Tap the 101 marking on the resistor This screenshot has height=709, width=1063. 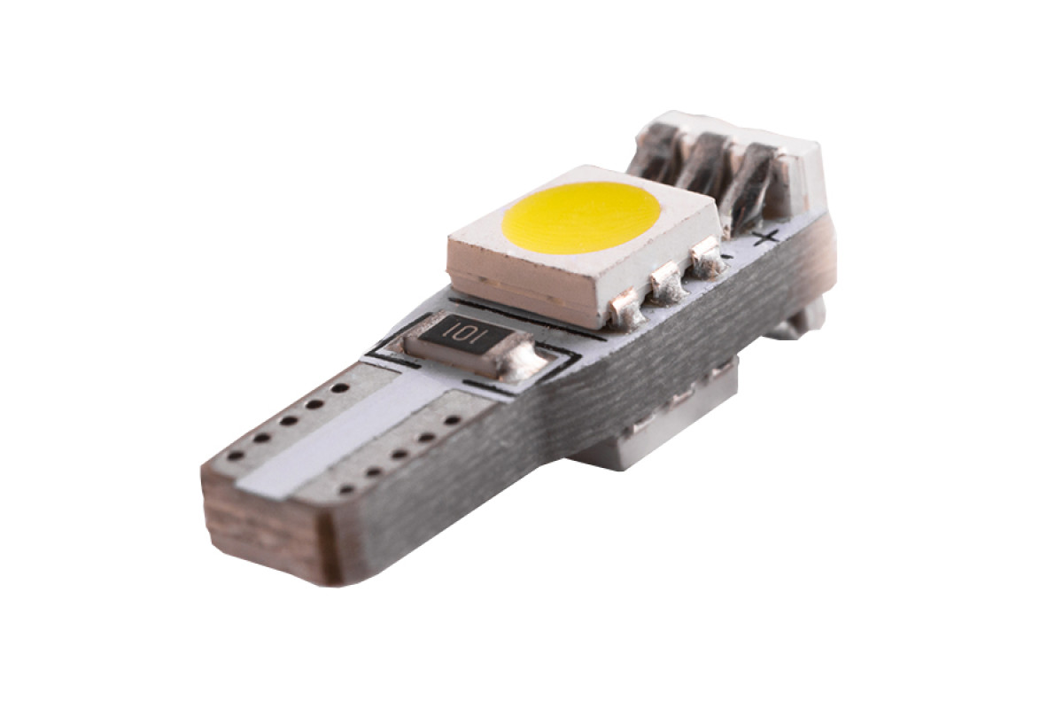point(461,331)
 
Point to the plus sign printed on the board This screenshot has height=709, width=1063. point(767,236)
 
